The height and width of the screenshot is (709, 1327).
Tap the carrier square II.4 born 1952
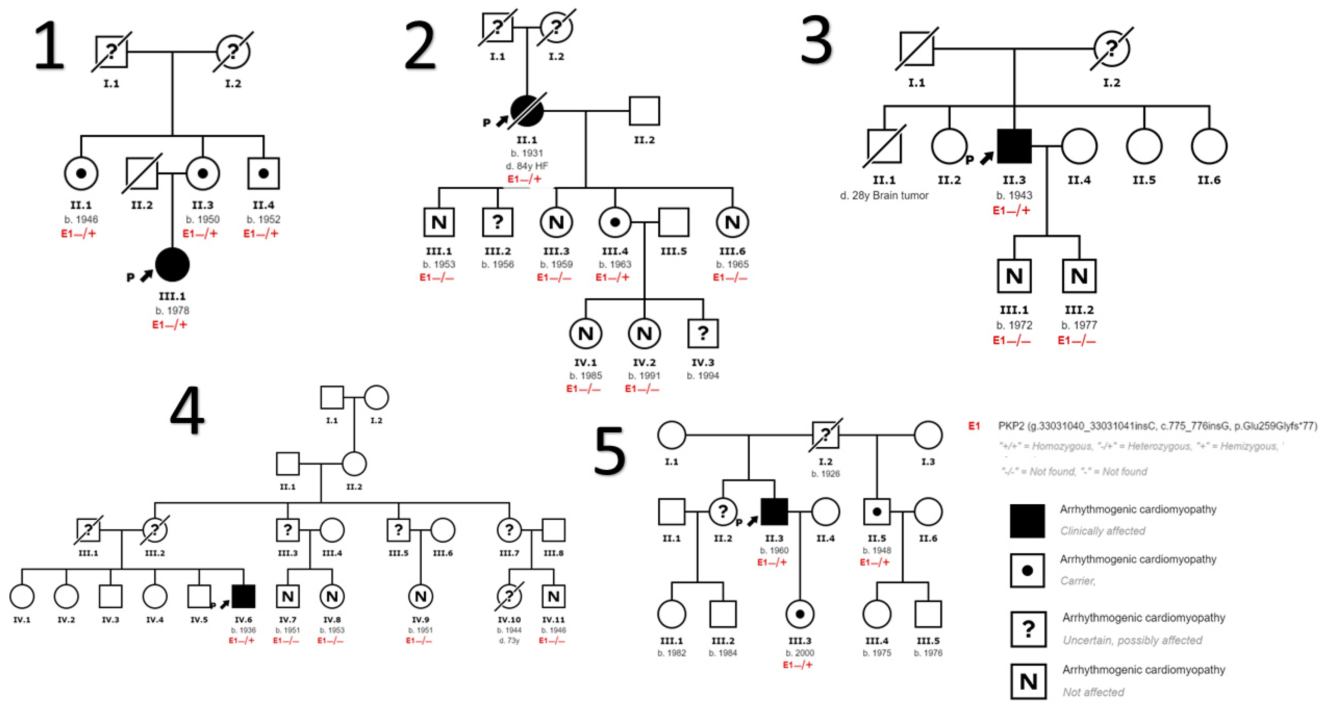coord(263,173)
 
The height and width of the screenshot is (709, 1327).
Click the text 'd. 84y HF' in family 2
coord(527,166)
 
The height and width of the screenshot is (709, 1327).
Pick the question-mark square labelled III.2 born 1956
coord(497,222)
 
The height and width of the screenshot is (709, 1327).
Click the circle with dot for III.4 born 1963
coord(615,222)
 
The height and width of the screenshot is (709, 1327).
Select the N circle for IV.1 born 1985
coord(585,334)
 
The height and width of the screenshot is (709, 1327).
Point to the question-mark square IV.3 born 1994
coord(703,334)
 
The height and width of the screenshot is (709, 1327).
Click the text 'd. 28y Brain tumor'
coord(884,196)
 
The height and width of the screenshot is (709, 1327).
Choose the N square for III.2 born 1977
coord(1079,276)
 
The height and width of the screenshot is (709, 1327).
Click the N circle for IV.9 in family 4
coord(420,596)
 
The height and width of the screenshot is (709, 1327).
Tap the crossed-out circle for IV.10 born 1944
coord(509,596)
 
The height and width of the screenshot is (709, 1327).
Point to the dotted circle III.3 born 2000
coord(799,614)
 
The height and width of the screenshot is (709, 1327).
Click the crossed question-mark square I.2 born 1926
coord(825,435)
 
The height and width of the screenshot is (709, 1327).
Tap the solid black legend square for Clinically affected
coord(1027,521)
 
